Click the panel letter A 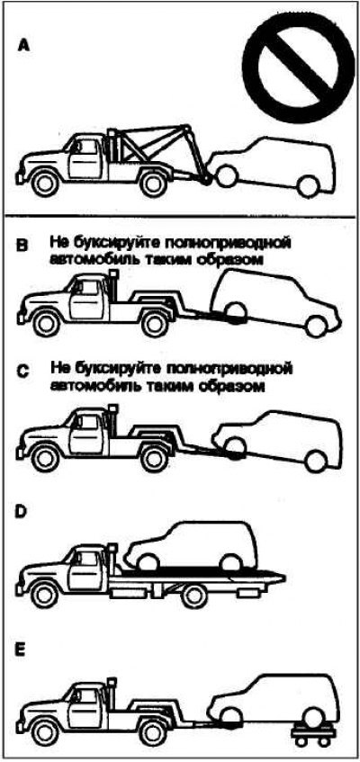click(23, 46)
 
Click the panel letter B click(22, 245)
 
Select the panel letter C click(22, 372)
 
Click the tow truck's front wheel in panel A click(45, 183)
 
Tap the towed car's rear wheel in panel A click(309, 185)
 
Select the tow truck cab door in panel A click(84, 158)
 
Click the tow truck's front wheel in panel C click(45, 458)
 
